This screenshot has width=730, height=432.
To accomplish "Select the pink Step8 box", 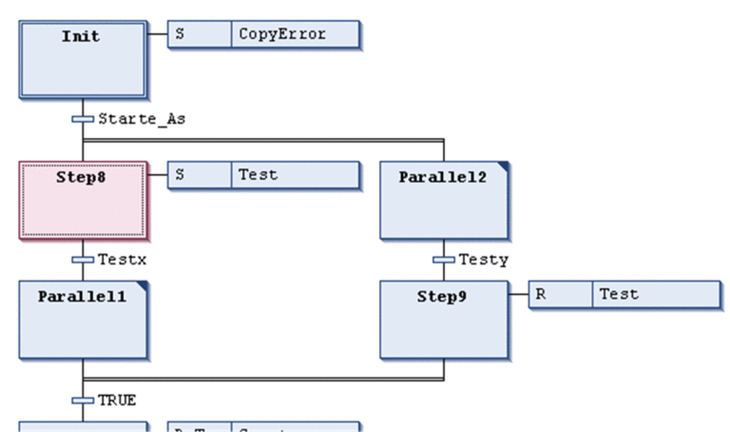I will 83,199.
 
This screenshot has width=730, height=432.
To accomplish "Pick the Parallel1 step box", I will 83,318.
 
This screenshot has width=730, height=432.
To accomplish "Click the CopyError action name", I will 295,34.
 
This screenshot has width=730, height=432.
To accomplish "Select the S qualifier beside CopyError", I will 200,34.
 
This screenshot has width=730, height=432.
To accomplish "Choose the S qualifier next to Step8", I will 200,175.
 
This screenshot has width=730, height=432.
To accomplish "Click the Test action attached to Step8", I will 295,175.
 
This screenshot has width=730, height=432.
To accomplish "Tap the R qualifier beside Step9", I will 560,294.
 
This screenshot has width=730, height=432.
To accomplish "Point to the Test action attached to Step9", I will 656,294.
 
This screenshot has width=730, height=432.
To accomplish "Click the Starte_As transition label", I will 142,119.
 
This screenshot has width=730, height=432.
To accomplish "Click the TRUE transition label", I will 117,400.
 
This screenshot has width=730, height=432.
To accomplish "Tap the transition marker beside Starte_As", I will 83,119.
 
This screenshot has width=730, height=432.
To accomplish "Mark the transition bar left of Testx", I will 83,259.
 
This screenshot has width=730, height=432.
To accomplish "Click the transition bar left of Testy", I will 444,259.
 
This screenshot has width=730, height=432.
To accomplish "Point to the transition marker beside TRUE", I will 83,400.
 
